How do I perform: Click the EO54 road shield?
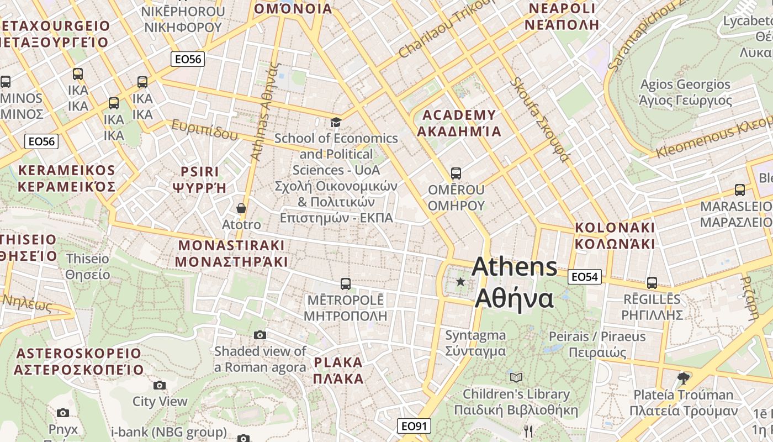pos(584,277)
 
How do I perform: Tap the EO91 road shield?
pos(414,426)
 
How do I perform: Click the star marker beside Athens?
pos(460,282)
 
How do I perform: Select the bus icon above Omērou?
pos(456,173)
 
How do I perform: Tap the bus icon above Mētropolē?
pos(346,284)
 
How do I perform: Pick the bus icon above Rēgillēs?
pos(652,283)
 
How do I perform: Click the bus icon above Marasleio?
pos(739,190)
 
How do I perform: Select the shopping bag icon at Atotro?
pos(241,208)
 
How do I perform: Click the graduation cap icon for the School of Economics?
pos(336,122)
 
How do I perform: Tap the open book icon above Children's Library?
pos(516,377)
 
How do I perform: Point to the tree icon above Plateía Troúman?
pos(684,378)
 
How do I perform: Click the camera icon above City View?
pos(160,385)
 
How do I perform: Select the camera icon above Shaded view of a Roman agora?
pos(260,335)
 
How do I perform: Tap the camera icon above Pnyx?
pos(63,413)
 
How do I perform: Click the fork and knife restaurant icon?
pos(528,432)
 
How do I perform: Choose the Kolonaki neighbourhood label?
pos(615,235)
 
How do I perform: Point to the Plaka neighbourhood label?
pos(338,371)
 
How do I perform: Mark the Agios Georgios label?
pos(685,92)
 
